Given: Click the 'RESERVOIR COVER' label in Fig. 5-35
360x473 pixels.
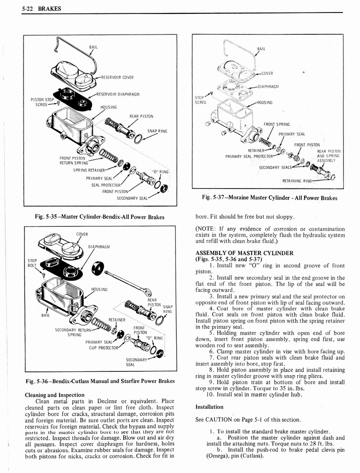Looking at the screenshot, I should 117,77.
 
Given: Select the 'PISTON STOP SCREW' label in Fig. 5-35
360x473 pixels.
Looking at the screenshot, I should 42,102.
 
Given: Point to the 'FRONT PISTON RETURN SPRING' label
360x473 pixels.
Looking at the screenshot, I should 72,160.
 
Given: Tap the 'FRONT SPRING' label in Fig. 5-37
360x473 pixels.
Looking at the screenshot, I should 276,124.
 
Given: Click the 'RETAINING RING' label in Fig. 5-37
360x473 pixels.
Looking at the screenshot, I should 297,181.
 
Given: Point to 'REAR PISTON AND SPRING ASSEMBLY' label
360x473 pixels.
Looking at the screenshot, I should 329,156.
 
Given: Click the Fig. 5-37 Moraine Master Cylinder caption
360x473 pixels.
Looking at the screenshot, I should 270,198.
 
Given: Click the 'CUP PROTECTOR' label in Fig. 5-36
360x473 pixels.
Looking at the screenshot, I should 99,347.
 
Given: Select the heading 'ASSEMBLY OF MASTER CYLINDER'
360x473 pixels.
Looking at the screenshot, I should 244,253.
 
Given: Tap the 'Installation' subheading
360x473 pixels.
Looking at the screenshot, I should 210,406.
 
